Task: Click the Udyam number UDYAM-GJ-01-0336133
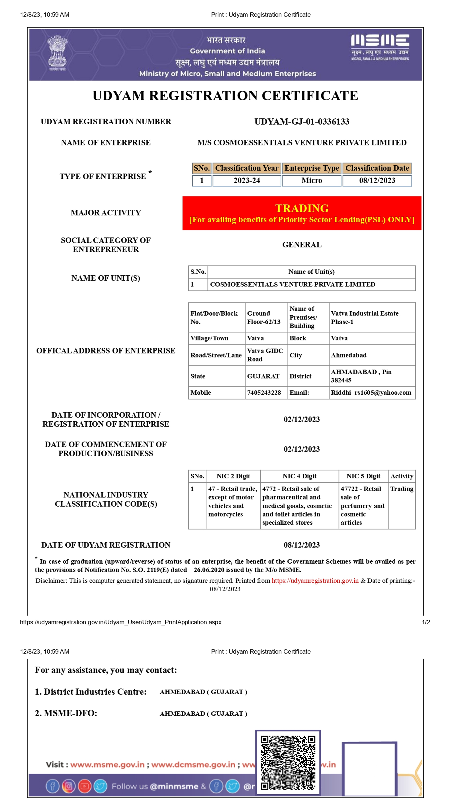pos(302,121)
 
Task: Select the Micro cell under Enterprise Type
pos(312,180)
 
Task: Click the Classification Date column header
pos(377,168)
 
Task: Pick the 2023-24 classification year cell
pos(247,180)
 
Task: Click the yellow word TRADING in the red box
pos(302,208)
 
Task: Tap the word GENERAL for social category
pos(302,245)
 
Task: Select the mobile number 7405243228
pos(264,393)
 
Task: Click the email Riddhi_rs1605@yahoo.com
pos(371,393)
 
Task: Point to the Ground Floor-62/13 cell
pos(264,317)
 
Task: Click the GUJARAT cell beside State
pos(263,376)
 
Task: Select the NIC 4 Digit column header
pos(299,476)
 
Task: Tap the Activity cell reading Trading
pos(402,489)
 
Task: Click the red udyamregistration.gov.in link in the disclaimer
pos(315,580)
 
